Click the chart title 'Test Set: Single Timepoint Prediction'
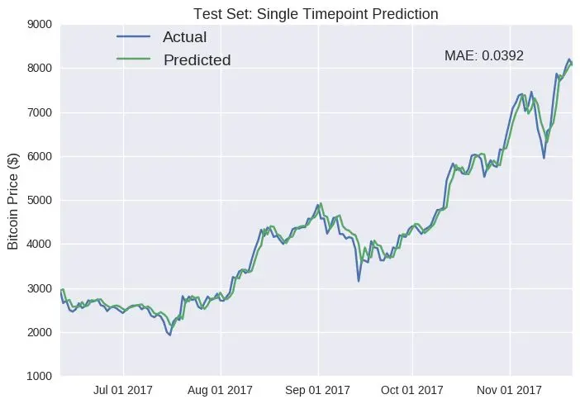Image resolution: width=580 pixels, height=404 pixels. click(315, 14)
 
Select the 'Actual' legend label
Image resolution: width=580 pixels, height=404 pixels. click(184, 37)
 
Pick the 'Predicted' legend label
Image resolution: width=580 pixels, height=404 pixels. click(197, 59)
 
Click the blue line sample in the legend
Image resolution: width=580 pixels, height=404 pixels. click(133, 37)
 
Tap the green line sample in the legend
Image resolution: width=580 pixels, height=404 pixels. click(133, 59)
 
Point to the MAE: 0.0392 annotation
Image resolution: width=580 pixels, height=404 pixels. click(484, 56)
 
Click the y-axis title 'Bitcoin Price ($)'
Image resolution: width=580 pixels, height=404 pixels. click(13, 201)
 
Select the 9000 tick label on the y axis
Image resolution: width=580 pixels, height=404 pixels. click(39, 25)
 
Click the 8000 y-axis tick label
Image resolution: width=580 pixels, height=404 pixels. click(39, 69)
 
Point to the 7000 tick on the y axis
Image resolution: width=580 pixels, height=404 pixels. click(39, 112)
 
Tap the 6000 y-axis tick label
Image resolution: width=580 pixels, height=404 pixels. click(39, 156)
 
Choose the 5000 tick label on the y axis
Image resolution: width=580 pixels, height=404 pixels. click(39, 201)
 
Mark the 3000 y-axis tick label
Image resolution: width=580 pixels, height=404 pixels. click(39, 288)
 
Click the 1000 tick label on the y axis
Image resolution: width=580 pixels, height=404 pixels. click(39, 376)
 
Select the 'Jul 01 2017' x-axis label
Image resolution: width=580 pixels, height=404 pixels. click(124, 389)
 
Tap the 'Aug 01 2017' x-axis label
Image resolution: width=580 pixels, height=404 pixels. click(221, 389)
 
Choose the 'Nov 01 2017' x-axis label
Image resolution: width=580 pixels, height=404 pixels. click(509, 389)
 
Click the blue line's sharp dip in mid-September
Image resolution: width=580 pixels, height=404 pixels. click(359, 281)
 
